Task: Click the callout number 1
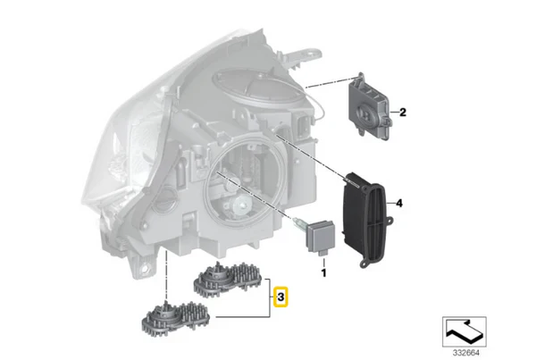(323, 272)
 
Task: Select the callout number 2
(403, 112)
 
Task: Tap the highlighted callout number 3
(281, 297)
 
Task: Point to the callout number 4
(399, 204)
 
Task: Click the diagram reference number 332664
(466, 353)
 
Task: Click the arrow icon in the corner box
(464, 331)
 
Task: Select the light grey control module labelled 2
(370, 106)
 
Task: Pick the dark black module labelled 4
(367, 220)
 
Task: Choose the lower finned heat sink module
(176, 318)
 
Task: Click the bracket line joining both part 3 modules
(270, 297)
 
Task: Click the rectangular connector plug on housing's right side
(303, 126)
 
